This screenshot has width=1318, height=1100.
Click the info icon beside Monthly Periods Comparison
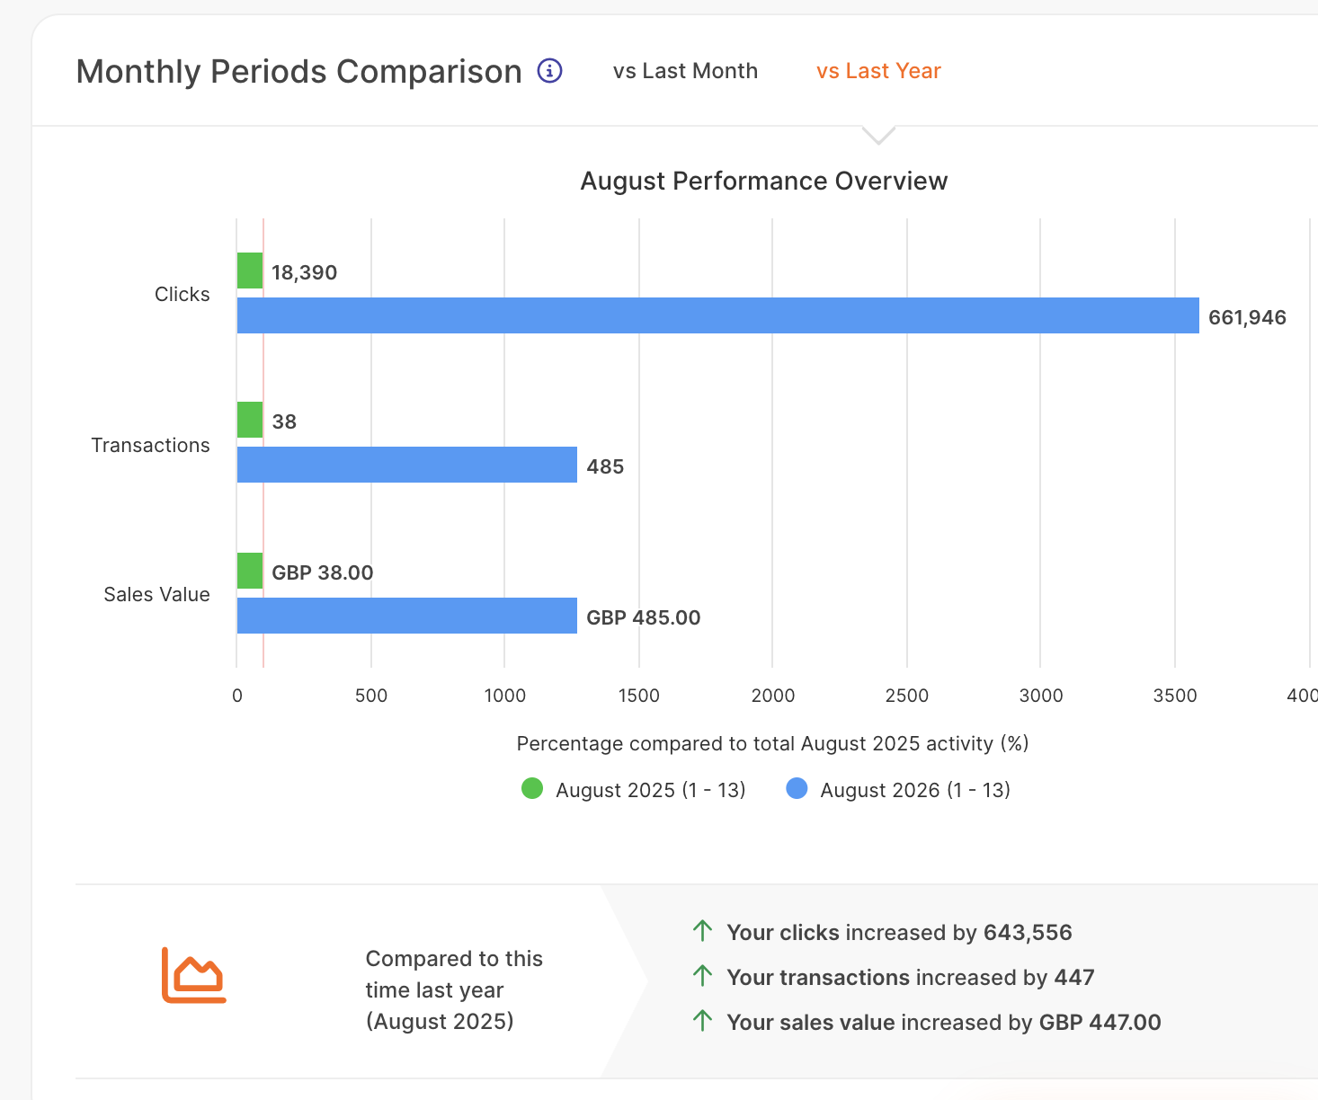tap(550, 71)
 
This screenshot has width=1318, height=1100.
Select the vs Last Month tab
tap(685, 71)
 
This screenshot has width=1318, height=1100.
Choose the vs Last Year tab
tap(878, 71)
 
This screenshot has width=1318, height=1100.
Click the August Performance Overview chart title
tap(764, 182)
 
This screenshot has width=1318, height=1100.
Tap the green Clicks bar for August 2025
tap(250, 271)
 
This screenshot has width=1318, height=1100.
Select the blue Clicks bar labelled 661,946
tap(717, 315)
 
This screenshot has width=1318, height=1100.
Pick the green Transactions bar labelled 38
tap(250, 420)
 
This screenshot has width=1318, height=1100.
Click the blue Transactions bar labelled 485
tap(407, 465)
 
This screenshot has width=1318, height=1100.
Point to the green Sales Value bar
tap(250, 571)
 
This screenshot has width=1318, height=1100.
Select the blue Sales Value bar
tap(407, 616)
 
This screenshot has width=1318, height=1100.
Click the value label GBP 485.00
tap(643, 617)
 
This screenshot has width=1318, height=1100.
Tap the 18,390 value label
tap(304, 272)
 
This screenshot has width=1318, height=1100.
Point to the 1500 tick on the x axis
tap(639, 696)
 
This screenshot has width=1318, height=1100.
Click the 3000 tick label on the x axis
tap(1041, 696)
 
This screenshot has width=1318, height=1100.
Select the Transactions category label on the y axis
tap(150, 445)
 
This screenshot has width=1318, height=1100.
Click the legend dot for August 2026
tap(797, 789)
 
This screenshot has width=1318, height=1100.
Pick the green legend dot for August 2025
tap(532, 789)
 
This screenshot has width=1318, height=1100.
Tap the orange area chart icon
tap(194, 975)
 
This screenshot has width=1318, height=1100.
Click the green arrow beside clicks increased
tap(702, 931)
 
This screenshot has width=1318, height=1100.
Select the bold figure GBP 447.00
tap(1100, 1023)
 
